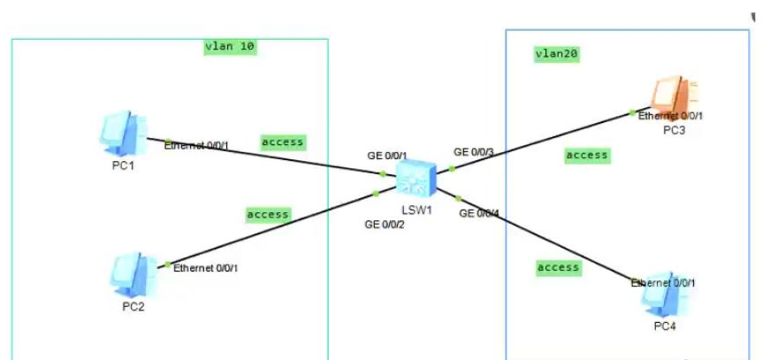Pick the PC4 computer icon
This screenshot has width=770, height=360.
coord(664,298)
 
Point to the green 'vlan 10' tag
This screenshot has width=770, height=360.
coord(230,47)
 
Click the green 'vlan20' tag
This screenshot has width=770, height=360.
coord(557,54)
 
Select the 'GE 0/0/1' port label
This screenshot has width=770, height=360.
coord(387,156)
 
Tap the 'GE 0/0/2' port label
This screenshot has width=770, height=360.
coord(385,225)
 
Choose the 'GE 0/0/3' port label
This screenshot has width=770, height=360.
coord(474,152)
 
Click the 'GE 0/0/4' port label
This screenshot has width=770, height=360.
coord(478,213)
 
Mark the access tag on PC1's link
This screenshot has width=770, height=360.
coord(282,142)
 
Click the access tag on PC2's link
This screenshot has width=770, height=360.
coord(268,214)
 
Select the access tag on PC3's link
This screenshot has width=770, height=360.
coord(587,156)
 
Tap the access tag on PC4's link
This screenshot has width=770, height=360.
coord(559,267)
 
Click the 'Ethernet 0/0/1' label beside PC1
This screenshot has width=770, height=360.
coord(196,146)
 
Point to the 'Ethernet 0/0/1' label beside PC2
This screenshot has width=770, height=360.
coord(206,267)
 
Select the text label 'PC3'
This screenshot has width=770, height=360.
coord(674,130)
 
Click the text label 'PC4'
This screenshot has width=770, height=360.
coord(665,326)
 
